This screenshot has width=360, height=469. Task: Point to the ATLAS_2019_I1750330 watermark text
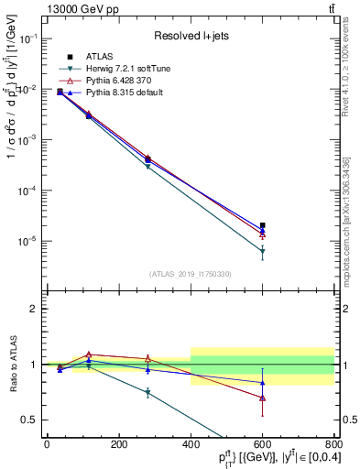pos(190,274)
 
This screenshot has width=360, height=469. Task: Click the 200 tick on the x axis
pos(118,444)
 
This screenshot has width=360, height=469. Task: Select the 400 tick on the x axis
pos(191,444)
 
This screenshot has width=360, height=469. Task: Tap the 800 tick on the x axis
pos(334,444)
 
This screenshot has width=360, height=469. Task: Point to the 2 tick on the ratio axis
pos(37,309)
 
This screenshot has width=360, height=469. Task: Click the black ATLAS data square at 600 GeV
pos(263,224)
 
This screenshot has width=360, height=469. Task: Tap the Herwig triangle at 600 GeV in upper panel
pos(263,251)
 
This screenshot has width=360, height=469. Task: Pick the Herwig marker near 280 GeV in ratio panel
pos(147,392)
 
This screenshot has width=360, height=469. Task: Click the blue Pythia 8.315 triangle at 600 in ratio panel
pos(263,383)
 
